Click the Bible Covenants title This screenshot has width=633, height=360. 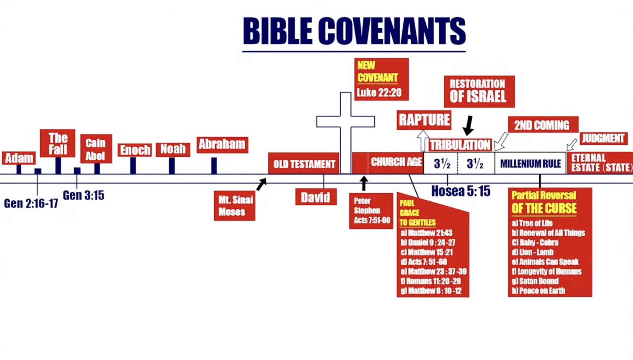354,31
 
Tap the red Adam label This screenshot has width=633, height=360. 19,158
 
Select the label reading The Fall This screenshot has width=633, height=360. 57,144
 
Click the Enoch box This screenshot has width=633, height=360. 135,150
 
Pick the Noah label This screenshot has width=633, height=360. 173,149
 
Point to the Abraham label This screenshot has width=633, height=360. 222,144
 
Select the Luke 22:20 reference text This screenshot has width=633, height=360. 379,92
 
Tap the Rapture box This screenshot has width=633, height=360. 424,120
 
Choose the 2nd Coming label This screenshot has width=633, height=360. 543,125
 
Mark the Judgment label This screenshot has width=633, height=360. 603,138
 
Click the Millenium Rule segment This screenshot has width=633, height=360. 530,163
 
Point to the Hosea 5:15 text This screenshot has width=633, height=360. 461,191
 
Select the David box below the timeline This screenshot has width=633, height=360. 316,197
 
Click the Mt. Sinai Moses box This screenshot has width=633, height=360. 235,206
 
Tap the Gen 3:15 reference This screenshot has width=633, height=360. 83,195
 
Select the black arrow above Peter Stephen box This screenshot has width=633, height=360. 364,183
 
